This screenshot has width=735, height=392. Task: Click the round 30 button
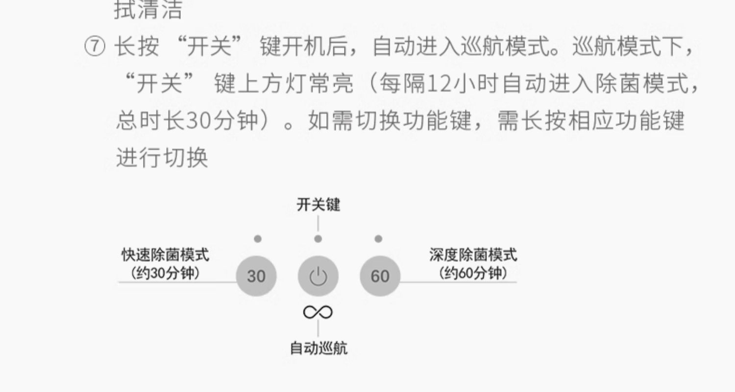256,276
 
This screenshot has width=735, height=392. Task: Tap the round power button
318,276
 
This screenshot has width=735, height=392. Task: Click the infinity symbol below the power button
318,312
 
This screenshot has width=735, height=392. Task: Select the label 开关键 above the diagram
318,205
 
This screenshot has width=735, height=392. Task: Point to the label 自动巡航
318,348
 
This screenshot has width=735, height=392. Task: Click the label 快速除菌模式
165,255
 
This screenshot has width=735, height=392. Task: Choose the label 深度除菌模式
473,255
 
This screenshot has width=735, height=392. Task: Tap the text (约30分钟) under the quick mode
165,273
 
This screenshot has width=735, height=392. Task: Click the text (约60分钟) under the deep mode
473,273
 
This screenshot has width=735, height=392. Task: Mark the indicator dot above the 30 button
258,239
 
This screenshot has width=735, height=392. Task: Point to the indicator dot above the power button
318,239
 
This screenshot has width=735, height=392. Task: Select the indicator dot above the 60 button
378,239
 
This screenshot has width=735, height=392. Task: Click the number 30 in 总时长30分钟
197,120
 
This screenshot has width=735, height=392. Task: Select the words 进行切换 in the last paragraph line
162,158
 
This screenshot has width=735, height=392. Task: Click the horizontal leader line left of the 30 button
176,282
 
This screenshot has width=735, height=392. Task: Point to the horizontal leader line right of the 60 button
458,282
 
